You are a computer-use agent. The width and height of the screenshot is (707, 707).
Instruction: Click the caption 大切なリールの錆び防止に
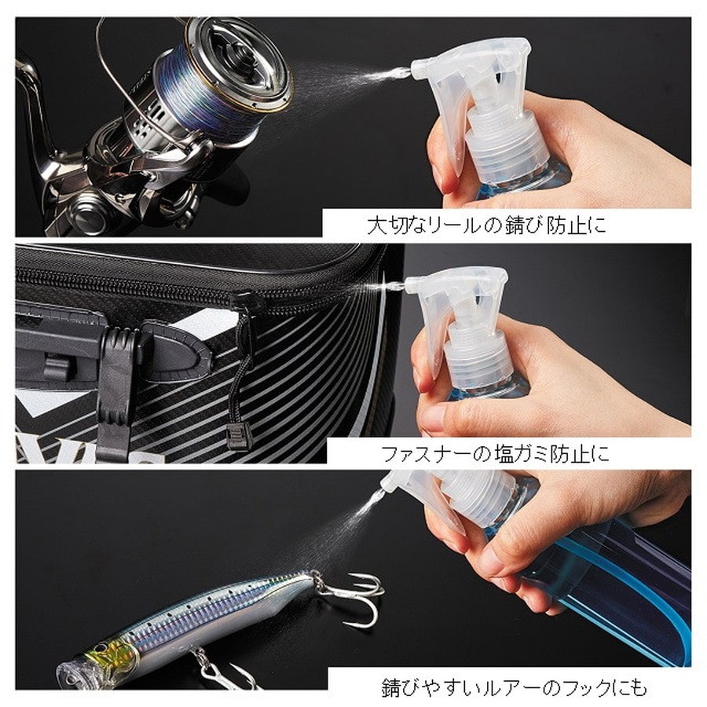coord(487,226)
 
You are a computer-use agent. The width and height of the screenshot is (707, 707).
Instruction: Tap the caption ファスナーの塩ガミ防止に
coord(494,453)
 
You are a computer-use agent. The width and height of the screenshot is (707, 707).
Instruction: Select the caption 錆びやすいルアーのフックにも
coord(514,687)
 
